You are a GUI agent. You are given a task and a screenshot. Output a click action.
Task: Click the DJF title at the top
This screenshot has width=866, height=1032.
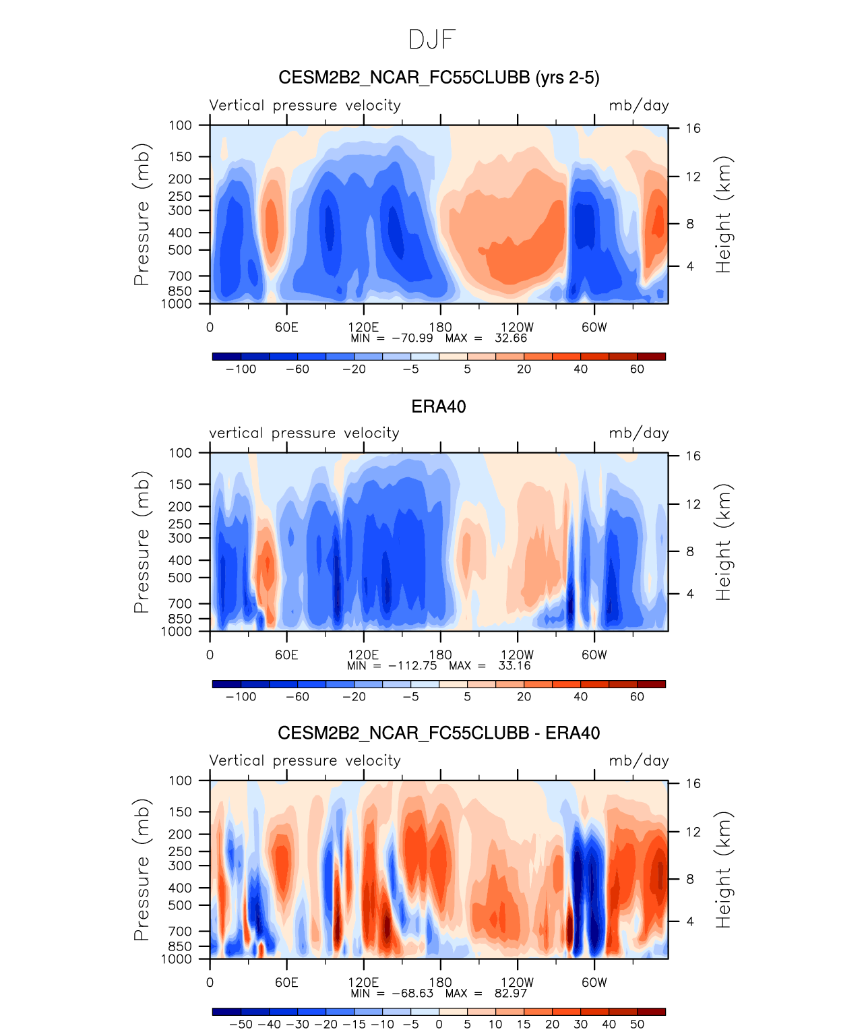pyautogui.click(x=433, y=40)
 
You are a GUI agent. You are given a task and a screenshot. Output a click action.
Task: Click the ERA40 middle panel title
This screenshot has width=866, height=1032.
pyautogui.click(x=439, y=406)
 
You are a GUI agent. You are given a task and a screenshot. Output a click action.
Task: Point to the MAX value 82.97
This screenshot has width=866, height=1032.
pyautogui.click(x=512, y=993)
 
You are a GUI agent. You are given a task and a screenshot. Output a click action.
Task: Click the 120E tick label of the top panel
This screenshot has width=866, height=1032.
pyautogui.click(x=363, y=327)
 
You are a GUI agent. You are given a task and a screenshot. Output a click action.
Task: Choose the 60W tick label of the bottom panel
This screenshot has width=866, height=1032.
pyautogui.click(x=594, y=982)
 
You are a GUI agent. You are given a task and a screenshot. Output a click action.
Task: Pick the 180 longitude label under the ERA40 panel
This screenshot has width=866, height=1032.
pyautogui.click(x=440, y=655)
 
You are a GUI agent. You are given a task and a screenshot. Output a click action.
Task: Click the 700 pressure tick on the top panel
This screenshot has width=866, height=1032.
pyautogui.click(x=181, y=276)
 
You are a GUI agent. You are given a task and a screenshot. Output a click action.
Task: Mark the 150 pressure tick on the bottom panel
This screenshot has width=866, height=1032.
pyautogui.click(x=181, y=812)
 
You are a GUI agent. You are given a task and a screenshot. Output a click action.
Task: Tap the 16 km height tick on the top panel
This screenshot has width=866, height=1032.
pyautogui.click(x=693, y=128)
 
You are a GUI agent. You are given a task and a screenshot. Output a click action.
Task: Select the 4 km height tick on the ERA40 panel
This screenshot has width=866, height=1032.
pyautogui.click(x=690, y=594)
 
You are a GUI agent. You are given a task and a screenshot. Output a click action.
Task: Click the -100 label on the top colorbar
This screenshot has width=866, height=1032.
pyautogui.click(x=241, y=369)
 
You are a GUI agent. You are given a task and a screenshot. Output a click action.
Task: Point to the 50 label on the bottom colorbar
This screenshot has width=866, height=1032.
pyautogui.click(x=637, y=1024)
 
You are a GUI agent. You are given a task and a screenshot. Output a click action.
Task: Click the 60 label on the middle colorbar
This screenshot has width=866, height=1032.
pyautogui.click(x=637, y=696)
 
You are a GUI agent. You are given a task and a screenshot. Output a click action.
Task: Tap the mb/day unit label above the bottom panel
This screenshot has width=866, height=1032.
pyautogui.click(x=638, y=760)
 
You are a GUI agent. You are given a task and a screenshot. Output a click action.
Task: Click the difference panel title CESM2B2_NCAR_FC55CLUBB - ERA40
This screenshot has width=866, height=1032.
pyautogui.click(x=439, y=733)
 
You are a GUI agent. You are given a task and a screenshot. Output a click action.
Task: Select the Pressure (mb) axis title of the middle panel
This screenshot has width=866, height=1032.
pyautogui.click(x=142, y=542)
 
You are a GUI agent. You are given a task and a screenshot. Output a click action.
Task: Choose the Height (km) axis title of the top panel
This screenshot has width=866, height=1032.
pyautogui.click(x=723, y=214)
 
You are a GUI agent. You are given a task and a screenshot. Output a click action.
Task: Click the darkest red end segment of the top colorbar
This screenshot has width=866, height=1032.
pyautogui.click(x=651, y=356)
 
